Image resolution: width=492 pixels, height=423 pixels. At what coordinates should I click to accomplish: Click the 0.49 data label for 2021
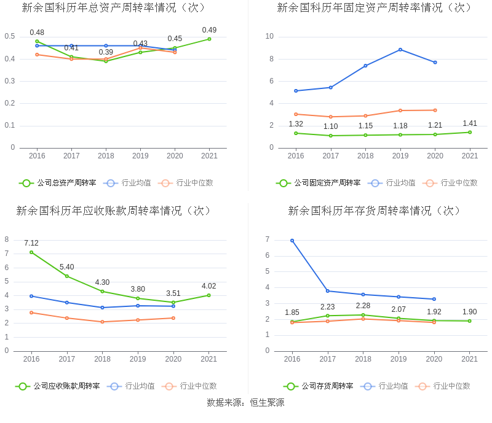pyautogui.click(x=209, y=30)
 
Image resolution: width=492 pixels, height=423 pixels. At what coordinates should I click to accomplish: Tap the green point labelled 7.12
pyautogui.click(x=31, y=252)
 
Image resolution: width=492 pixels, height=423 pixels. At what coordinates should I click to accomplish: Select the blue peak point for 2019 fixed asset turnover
pyautogui.click(x=400, y=50)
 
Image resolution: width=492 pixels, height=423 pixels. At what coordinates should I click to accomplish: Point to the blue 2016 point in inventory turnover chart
pyautogui.click(x=292, y=241)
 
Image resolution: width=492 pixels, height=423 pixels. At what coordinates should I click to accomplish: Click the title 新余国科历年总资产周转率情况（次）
pyautogui.click(x=114, y=8)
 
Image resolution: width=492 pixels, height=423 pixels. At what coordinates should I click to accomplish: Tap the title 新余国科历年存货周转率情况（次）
pyautogui.click(x=375, y=211)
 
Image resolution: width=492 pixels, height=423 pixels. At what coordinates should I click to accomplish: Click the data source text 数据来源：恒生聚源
pyautogui.click(x=245, y=403)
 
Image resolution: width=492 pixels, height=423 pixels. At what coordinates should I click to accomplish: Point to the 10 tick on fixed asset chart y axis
pyautogui.click(x=269, y=36)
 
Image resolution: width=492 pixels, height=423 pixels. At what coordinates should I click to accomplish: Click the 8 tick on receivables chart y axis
pyautogui.click(x=7, y=239)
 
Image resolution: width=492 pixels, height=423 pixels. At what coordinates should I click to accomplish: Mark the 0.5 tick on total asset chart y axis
pyautogui.click(x=10, y=36)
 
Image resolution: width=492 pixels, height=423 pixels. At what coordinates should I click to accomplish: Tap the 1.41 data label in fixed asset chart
pyautogui.click(x=470, y=123)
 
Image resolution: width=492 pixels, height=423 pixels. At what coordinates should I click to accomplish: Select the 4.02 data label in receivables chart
pyautogui.click(x=209, y=286)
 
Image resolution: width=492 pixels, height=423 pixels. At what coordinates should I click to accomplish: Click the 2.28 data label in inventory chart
pyautogui.click(x=363, y=306)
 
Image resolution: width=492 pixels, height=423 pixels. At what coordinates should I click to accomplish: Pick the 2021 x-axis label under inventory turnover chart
pyautogui.click(x=469, y=359)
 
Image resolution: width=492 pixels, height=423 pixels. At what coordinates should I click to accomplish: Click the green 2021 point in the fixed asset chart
pyautogui.click(x=470, y=132)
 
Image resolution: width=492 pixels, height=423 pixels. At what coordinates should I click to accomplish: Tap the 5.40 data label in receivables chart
pyautogui.click(x=66, y=267)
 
